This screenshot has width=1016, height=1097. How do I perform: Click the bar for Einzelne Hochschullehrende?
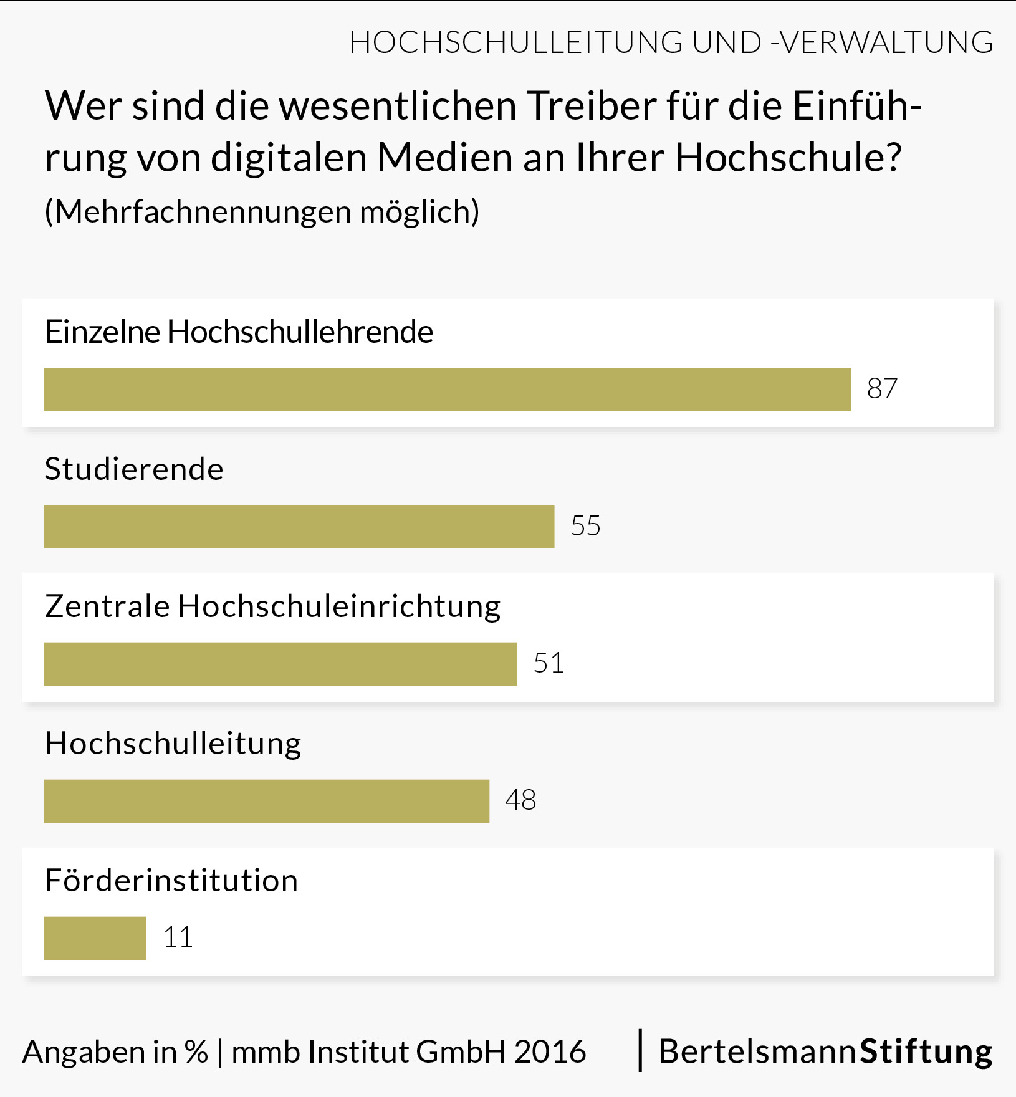448,390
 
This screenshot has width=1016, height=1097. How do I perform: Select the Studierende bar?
299,527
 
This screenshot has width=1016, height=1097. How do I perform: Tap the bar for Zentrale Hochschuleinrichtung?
280,664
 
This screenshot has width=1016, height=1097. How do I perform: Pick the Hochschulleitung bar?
267,801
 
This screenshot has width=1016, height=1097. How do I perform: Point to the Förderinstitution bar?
95,938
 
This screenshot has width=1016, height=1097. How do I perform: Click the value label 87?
882,389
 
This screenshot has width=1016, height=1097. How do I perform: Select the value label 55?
585,526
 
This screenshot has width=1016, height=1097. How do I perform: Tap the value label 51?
549,663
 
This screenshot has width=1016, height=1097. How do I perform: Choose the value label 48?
520,800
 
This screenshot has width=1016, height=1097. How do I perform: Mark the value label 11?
178,937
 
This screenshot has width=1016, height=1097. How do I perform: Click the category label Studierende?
134,469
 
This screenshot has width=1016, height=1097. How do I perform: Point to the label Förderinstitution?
171,881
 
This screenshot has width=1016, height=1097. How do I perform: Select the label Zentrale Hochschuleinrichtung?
272,606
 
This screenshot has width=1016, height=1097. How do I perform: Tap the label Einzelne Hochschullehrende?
239,332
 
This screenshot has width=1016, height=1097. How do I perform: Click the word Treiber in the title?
592,106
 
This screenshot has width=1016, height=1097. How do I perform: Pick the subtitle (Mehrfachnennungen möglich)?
262,212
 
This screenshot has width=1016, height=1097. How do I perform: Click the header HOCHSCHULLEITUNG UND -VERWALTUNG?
671,42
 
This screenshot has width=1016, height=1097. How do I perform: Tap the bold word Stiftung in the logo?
926,1052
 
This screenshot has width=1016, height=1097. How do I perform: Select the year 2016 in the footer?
550,1052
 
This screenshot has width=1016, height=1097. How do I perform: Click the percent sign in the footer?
196,1052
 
